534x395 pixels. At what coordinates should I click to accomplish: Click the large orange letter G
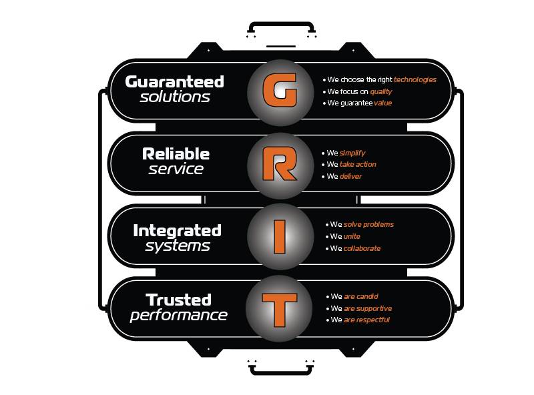[x=280, y=89]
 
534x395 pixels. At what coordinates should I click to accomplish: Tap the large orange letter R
[x=280, y=163]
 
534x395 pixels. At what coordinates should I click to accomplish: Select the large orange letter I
[x=280, y=237]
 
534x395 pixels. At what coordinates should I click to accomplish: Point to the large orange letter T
[x=279, y=310]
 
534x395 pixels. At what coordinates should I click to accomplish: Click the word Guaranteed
[x=174, y=81]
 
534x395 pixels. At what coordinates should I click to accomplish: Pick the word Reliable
[x=176, y=154]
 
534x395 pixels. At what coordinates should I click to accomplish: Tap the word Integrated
[x=177, y=231]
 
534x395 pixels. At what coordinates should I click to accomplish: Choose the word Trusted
[x=179, y=300]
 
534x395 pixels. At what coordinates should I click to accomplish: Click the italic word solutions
[x=175, y=97]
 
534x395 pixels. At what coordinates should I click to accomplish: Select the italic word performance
[x=178, y=316]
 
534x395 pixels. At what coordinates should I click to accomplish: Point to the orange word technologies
[x=415, y=79]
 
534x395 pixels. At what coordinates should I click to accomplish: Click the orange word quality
[x=381, y=91]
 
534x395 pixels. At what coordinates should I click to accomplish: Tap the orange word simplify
[x=352, y=153]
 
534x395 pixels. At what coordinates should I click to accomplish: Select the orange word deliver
[x=351, y=176]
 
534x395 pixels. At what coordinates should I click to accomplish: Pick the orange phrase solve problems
[x=369, y=225]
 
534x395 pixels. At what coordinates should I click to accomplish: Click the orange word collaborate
[x=362, y=248]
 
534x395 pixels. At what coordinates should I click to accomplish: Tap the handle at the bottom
[x=281, y=370]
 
